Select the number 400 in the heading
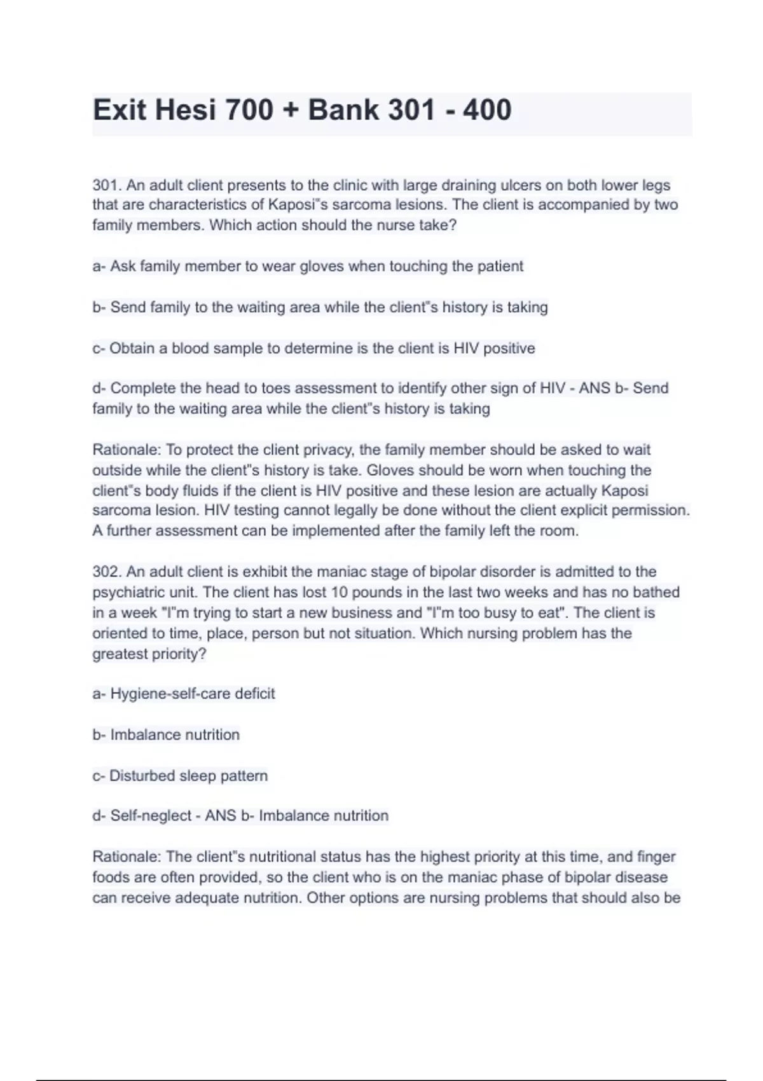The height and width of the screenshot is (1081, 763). tap(487, 110)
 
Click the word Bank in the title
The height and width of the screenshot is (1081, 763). tap(342, 110)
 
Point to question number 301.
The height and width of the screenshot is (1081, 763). tap(106, 186)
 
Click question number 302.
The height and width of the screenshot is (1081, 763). tap(106, 572)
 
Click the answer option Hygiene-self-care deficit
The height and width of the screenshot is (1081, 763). tap(192, 694)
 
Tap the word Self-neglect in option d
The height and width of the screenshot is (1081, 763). tap(151, 816)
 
